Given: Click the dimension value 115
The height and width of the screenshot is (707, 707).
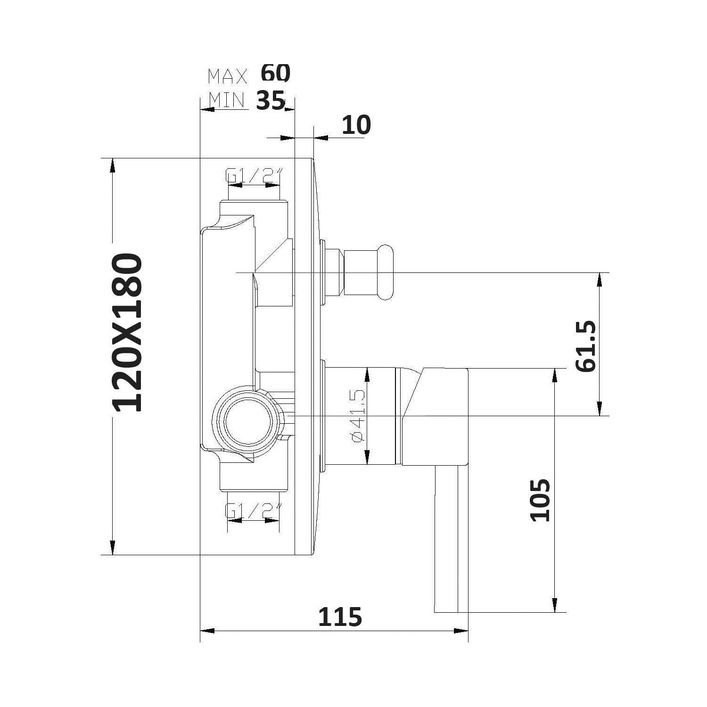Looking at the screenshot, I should tap(340, 617).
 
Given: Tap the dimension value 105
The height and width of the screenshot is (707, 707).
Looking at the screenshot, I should tap(541, 500).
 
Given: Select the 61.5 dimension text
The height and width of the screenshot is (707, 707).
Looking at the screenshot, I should tap(586, 346).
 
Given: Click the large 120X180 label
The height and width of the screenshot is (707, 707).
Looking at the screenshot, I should tap(128, 333).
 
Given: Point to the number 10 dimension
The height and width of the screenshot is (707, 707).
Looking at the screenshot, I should tap(356, 125).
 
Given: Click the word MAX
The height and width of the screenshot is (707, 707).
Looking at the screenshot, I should tap(228, 76).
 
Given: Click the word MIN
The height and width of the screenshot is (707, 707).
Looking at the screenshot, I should tap(227, 100).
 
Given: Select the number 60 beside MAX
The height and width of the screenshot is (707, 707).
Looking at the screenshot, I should tap(276, 73).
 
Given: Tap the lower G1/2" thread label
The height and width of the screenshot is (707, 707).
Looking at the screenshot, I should tap(254, 510).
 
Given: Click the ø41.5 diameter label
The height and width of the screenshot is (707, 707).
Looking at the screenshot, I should tap(358, 416).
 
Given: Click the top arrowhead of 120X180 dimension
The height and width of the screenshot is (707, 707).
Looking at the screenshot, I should tap(113, 165).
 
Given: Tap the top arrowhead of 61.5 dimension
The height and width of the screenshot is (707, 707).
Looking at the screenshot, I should tap(600, 280).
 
